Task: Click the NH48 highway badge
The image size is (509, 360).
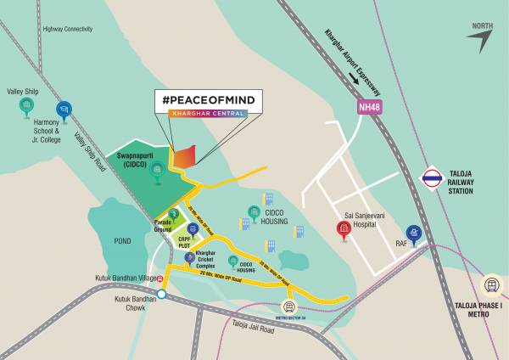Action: coord(368,107)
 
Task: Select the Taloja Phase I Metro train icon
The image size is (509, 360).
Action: coord(490,286)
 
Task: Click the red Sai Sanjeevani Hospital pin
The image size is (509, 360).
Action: coord(344,228)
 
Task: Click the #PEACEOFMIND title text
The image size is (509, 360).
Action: coord(209,101)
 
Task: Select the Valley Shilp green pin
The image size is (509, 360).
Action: coord(26,105)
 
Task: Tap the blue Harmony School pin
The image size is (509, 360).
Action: coord(63,109)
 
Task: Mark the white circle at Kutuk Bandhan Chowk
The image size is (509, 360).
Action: coord(161,295)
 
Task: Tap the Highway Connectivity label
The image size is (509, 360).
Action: coord(66,29)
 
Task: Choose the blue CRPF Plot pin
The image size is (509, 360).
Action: coord(193,228)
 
